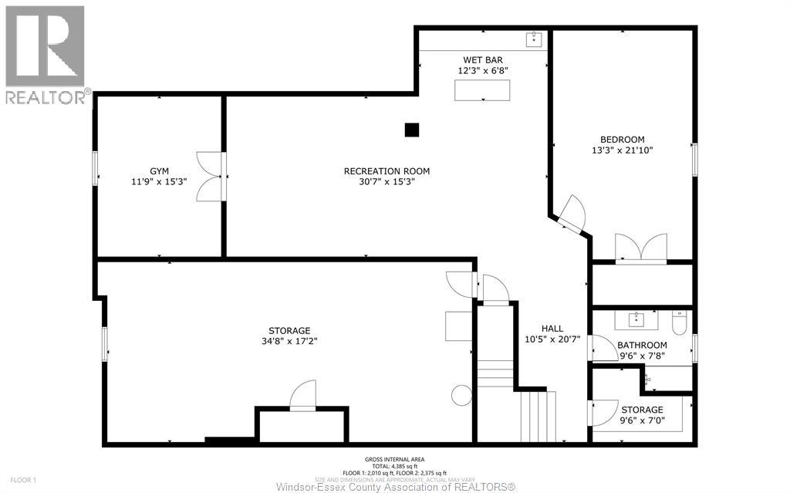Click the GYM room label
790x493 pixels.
pyautogui.click(x=160, y=171)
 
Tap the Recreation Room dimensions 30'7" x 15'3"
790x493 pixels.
pyautogui.click(x=387, y=182)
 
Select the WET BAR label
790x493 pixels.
pyautogui.click(x=484, y=59)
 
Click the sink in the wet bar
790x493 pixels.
pyautogui.click(x=535, y=39)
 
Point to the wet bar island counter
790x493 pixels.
pyautogui.click(x=482, y=89)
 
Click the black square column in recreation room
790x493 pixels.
pyautogui.click(x=412, y=130)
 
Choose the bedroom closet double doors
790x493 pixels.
pyautogui.click(x=641, y=248)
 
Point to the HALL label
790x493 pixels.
pyautogui.click(x=552, y=329)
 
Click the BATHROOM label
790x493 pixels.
pyautogui.click(x=642, y=345)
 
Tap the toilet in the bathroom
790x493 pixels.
pyautogui.click(x=679, y=322)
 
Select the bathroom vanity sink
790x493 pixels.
pyautogui.click(x=637, y=319)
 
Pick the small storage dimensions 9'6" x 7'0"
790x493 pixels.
pyautogui.click(x=642, y=421)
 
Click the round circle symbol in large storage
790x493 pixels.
pyautogui.click(x=461, y=396)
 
